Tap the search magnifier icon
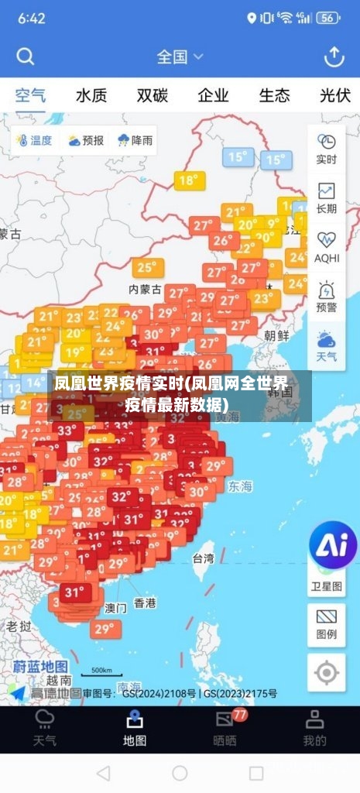pos(26,57)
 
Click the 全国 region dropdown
pos(180,57)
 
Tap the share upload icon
pos(334,57)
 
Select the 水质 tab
pos(91,96)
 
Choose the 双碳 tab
pos(153,96)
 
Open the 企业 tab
pos(213,96)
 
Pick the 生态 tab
pos(274,96)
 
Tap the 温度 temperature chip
pos(33,141)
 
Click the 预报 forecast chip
pos(85,141)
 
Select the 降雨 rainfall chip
pos(135,141)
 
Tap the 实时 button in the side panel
pos(327,149)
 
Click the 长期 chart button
pos(327,198)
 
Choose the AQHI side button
pos(327,247)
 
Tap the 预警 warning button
pos(327,297)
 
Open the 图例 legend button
pos(327,623)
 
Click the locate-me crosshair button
pos(327,672)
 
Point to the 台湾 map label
pos(203,558)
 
